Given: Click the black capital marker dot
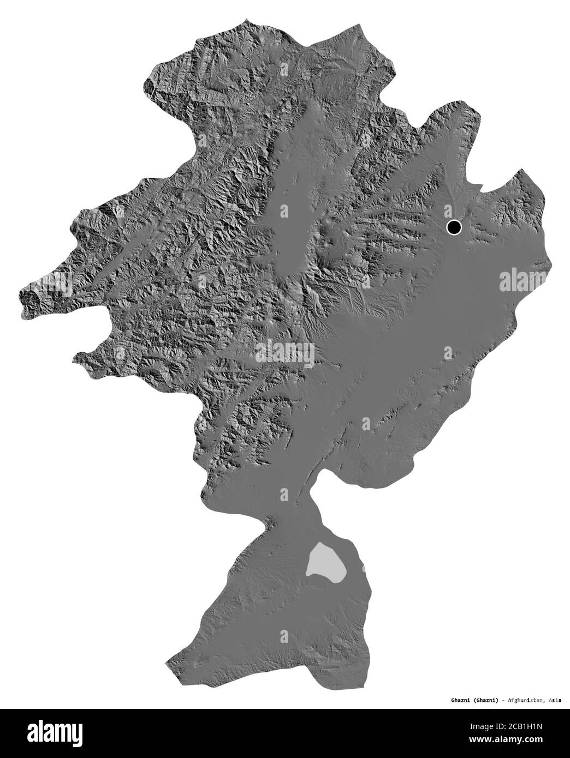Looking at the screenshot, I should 454,227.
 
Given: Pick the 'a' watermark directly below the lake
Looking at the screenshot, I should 284,634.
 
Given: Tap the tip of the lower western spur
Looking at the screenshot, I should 76,357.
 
